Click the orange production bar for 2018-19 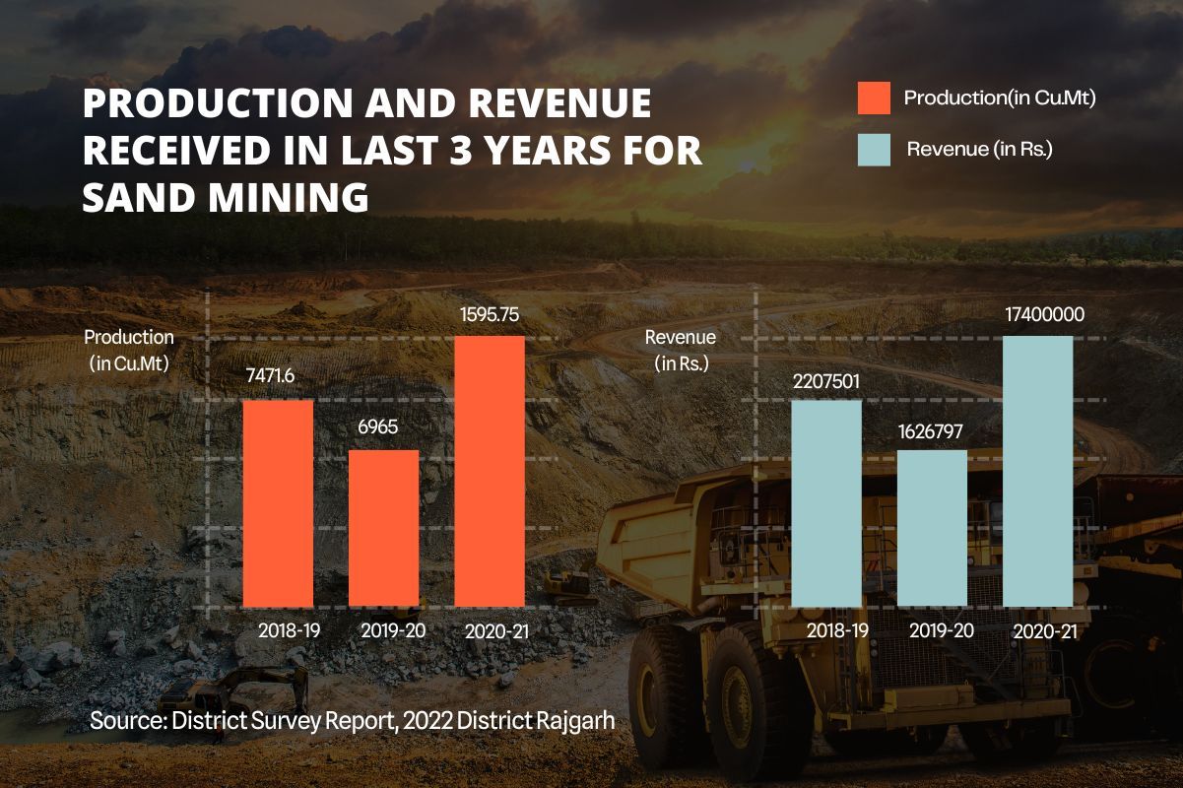[278, 502]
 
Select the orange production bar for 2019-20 [384, 528]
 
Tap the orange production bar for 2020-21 [490, 471]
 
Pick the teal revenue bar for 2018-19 [826, 502]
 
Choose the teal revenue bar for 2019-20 [932, 528]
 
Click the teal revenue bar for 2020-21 [1037, 471]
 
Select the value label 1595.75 [490, 316]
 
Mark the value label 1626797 [931, 430]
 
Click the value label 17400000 [1037, 316]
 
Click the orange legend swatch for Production [874, 98]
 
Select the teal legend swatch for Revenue [874, 150]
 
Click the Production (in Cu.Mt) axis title [129, 350]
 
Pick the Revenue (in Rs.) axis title [681, 350]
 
